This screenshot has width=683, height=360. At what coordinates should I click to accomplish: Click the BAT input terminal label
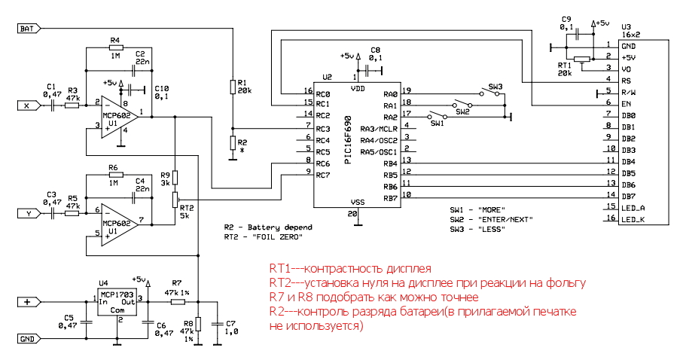(x=26, y=29)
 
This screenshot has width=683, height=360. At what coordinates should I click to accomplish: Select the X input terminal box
(x=26, y=106)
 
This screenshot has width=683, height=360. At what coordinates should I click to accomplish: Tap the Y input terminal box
(x=26, y=214)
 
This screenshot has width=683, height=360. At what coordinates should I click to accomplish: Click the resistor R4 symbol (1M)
(x=115, y=48)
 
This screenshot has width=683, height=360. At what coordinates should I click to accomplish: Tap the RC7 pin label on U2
(x=322, y=175)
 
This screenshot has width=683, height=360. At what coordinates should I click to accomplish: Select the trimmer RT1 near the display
(x=581, y=59)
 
